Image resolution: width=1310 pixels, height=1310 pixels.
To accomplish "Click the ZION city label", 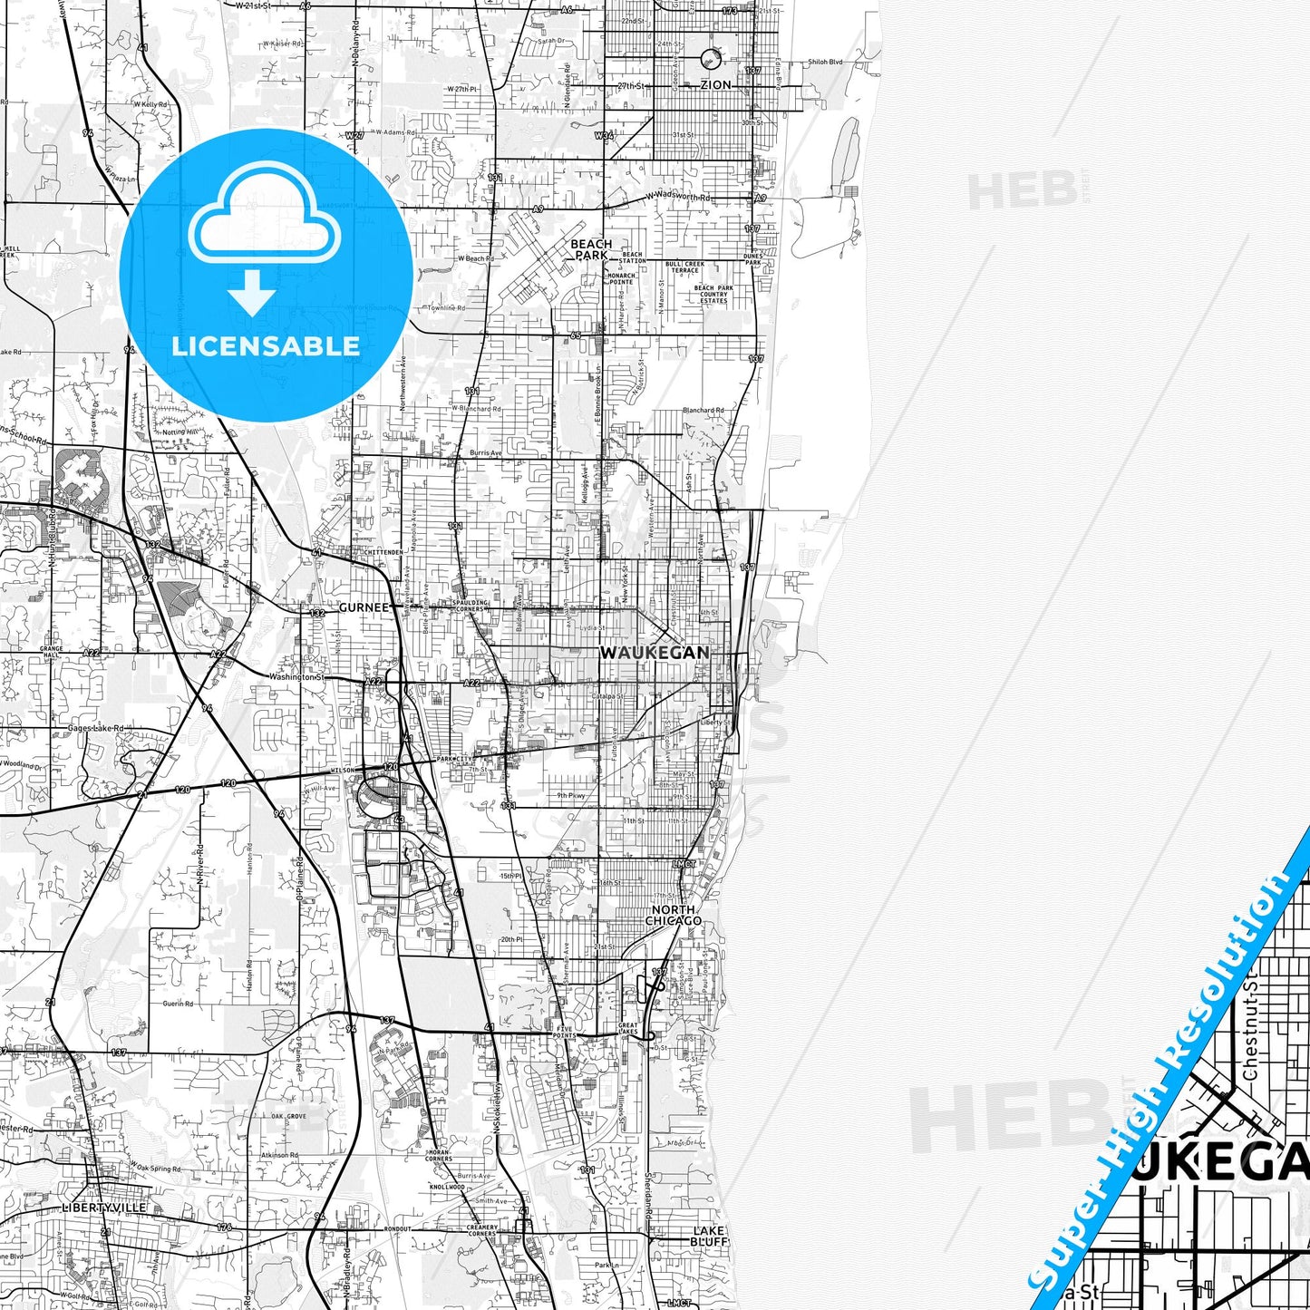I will (x=715, y=85).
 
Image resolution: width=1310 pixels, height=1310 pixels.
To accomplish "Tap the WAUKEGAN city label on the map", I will (x=655, y=653).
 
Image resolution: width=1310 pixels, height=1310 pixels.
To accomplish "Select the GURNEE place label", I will (x=363, y=607).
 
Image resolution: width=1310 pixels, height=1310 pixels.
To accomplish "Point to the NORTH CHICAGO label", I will (x=673, y=915).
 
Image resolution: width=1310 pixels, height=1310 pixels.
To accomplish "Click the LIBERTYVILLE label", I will (x=103, y=1208).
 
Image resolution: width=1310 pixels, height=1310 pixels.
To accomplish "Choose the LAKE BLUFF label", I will (x=708, y=1237).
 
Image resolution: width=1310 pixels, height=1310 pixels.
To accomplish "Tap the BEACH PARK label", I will (x=591, y=249).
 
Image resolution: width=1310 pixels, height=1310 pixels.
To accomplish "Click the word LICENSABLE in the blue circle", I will (x=266, y=345).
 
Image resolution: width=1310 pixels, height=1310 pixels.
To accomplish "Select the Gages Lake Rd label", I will (x=95, y=728).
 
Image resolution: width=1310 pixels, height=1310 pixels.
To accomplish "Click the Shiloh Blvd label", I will (x=824, y=63).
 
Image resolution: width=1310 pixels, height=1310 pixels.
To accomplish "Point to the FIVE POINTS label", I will (x=564, y=1032).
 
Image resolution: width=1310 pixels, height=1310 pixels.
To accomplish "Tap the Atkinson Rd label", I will (x=279, y=1155).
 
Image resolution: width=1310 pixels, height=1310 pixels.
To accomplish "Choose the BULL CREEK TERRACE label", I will (x=684, y=267).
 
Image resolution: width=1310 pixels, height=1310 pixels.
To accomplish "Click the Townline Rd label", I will (x=447, y=308).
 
